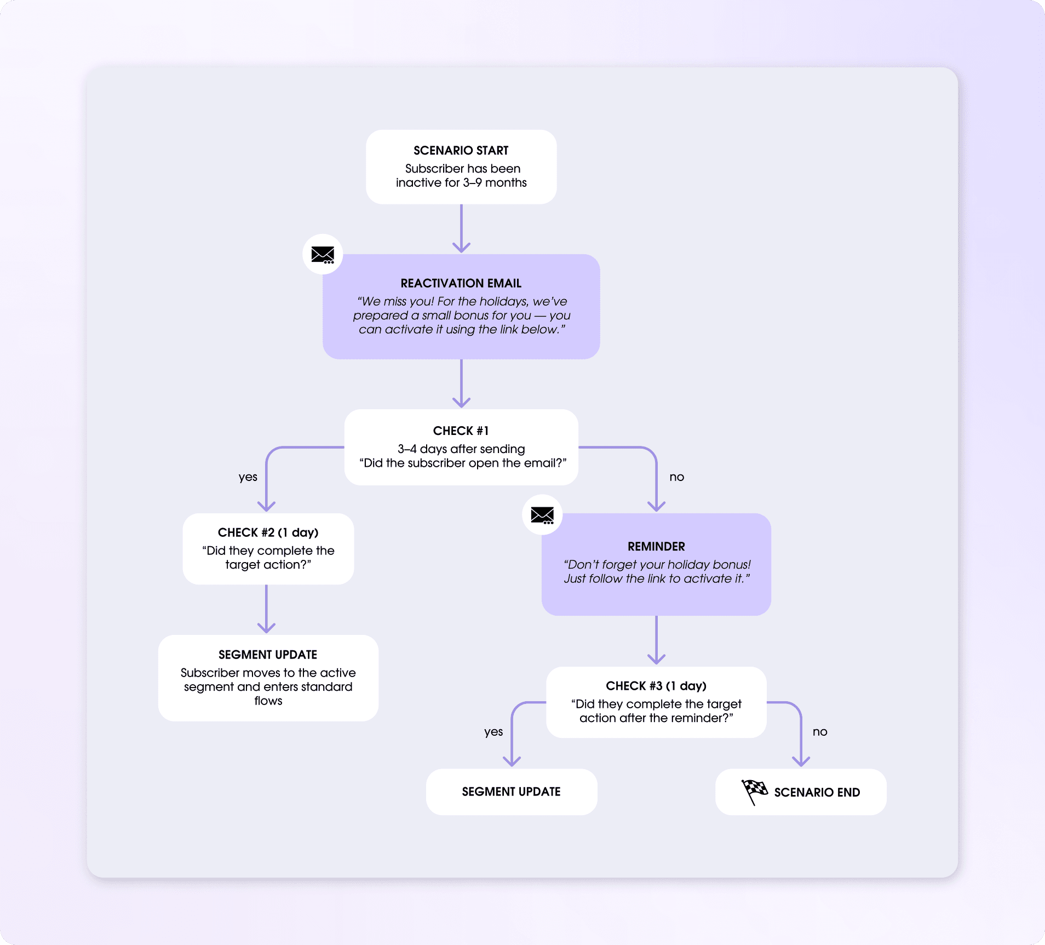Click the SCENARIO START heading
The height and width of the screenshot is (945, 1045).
click(461, 151)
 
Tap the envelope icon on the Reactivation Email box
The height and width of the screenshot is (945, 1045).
click(323, 255)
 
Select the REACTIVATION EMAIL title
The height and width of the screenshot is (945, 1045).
click(461, 283)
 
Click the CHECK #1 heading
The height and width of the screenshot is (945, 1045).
click(461, 431)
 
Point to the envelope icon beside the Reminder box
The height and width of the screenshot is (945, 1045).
click(542, 515)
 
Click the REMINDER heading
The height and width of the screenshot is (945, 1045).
click(656, 547)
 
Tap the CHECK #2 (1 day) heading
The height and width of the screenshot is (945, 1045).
click(268, 532)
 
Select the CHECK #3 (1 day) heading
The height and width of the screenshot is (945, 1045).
click(656, 686)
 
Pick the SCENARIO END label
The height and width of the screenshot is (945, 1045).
click(817, 793)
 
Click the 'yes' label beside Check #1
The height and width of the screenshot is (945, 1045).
click(248, 477)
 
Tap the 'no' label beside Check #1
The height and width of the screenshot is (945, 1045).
click(676, 477)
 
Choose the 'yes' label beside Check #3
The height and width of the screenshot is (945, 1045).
click(493, 732)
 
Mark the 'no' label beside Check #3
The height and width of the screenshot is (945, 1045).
click(819, 732)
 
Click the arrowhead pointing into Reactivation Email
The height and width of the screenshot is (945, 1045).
click(461, 247)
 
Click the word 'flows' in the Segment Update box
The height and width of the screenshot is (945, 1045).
click(268, 701)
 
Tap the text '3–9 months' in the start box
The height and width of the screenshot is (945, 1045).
click(495, 183)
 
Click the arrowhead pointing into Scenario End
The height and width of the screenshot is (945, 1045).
click(801, 761)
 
